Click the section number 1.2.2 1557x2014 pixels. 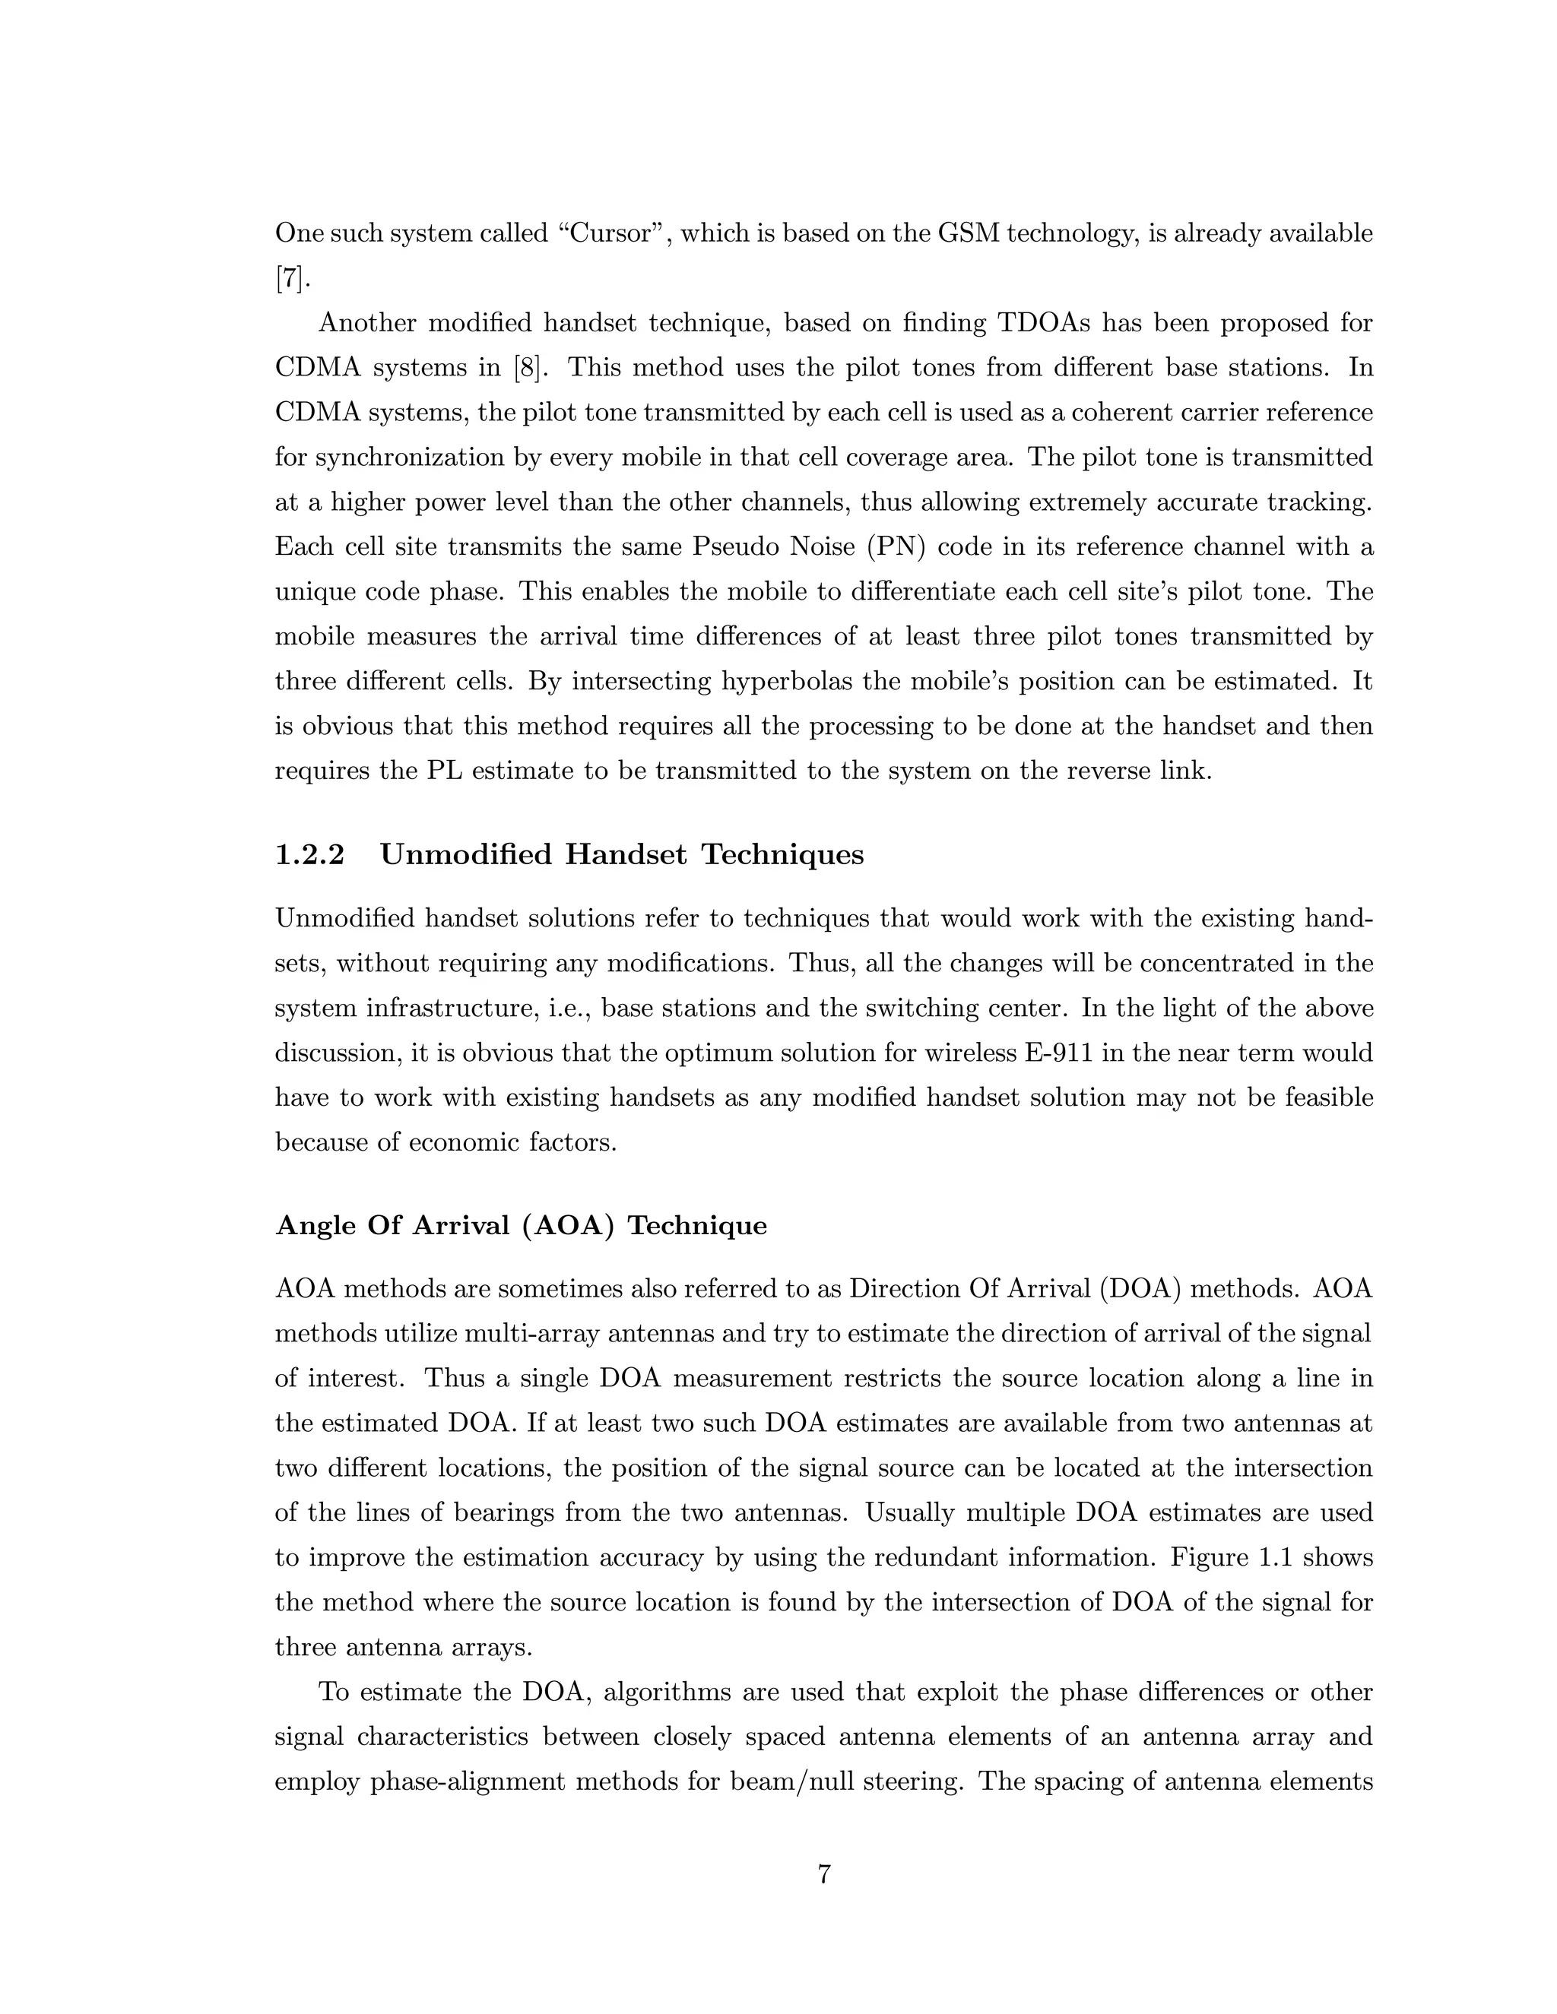click(310, 855)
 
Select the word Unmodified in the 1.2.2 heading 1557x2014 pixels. click(466, 855)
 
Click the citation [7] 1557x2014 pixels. click(290, 278)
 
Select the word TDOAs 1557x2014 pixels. click(1044, 323)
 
